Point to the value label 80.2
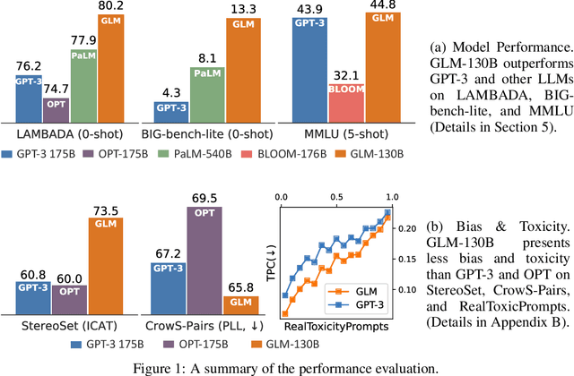click(109, 7)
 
